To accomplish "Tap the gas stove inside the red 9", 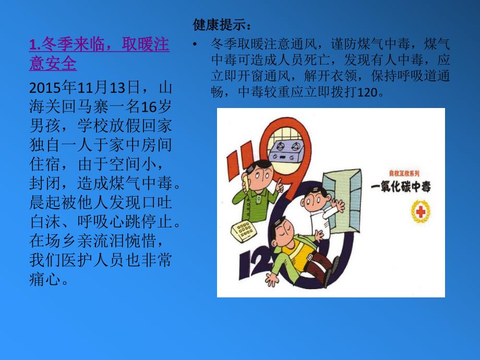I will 286,142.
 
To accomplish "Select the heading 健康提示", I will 222,25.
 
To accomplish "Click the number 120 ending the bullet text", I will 372,93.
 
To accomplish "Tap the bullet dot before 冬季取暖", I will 195,44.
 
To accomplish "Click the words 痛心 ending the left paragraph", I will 43,279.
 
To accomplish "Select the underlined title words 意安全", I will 53,64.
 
